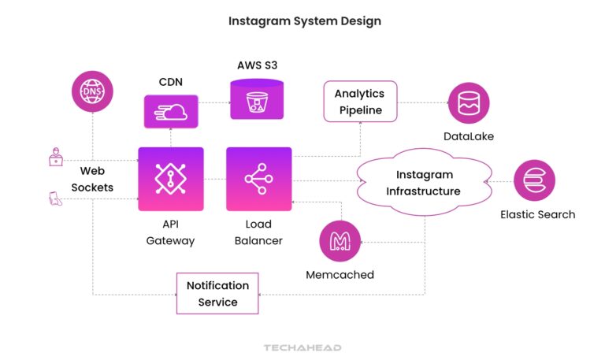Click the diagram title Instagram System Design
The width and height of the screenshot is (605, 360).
(304, 21)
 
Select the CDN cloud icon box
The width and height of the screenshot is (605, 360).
(169, 111)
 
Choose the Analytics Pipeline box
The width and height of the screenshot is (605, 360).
(359, 102)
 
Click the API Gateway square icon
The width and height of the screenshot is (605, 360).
(170, 179)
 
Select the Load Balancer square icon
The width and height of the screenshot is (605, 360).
(258, 179)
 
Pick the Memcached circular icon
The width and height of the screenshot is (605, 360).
(340, 241)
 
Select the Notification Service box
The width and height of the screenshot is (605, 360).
(217, 293)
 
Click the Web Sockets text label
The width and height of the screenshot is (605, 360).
(92, 179)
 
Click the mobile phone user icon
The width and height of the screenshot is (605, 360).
(54, 199)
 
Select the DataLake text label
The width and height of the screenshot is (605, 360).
(470, 137)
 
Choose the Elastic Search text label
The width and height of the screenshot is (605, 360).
(537, 214)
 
